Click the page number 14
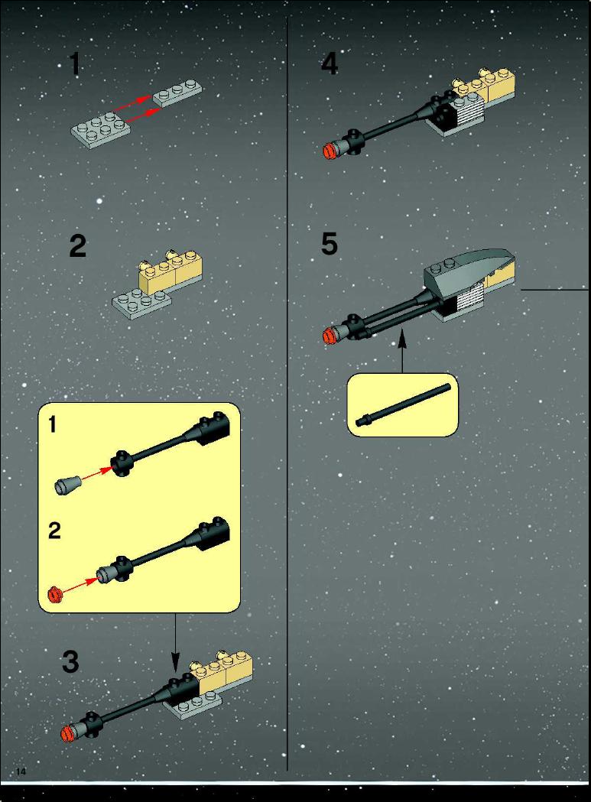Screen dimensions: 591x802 [21, 772]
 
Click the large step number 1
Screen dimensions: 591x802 [75, 64]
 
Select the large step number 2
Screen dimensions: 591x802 [78, 246]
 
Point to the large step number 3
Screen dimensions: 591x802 [70, 662]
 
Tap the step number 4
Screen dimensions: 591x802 [330, 64]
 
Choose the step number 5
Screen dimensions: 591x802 [330, 243]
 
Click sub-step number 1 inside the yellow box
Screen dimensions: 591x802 [53, 424]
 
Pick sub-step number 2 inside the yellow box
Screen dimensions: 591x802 [54, 531]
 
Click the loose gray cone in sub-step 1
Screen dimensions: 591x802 [67, 485]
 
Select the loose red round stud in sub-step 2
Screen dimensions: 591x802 [54, 595]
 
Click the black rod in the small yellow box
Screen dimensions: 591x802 [404, 405]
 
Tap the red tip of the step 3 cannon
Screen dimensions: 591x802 [68, 734]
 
